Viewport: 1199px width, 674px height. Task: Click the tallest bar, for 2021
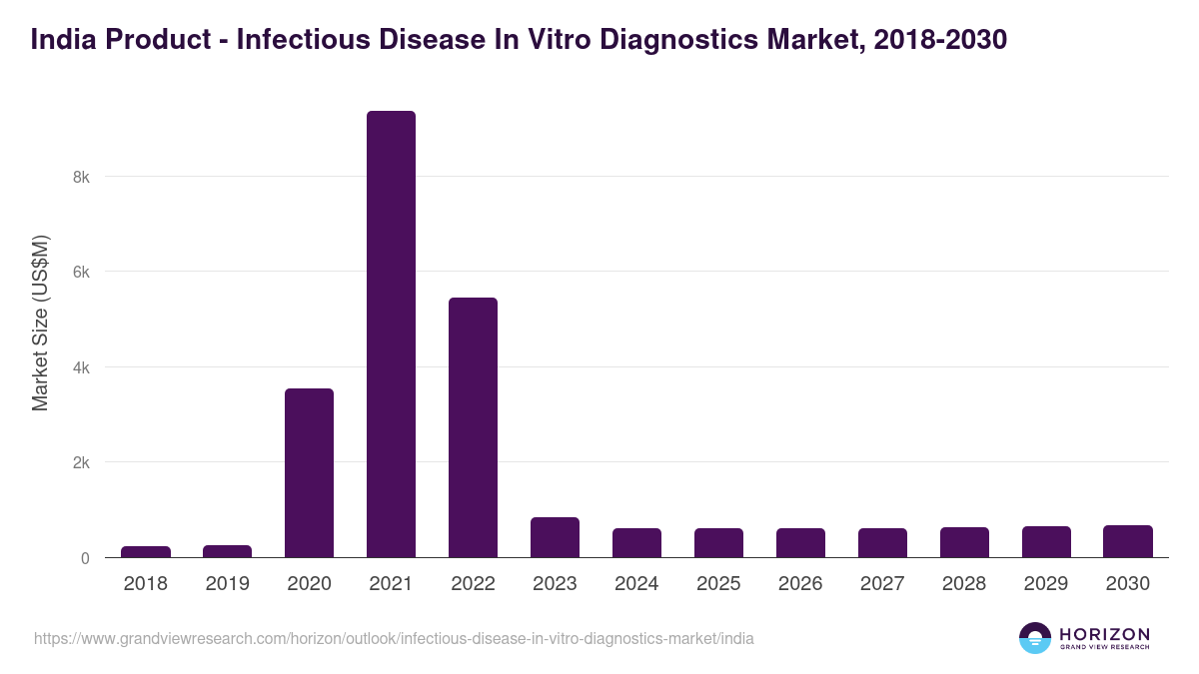391,335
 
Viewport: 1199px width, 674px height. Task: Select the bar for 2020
309,472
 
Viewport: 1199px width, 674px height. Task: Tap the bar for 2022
473,427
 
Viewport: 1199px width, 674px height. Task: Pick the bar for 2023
555,537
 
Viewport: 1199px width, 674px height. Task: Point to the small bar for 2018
146,551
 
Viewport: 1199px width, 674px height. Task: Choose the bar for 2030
1128,541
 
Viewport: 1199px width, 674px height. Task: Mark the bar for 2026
800,542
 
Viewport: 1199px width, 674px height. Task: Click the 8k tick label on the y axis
81,177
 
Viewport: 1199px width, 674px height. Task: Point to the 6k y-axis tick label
81,272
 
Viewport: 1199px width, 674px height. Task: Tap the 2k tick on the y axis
81,462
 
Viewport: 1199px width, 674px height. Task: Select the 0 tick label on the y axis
85,558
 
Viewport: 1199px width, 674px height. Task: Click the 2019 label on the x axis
227,584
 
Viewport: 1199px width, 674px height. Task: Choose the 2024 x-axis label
636,584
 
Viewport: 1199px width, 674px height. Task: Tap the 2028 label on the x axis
964,584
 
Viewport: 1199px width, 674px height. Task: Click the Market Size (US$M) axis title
40,324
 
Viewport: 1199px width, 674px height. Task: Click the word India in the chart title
62,40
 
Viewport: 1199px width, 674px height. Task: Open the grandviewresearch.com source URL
394,638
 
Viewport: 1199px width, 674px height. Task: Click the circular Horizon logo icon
1035,638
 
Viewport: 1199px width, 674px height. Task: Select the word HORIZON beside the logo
1105,633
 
